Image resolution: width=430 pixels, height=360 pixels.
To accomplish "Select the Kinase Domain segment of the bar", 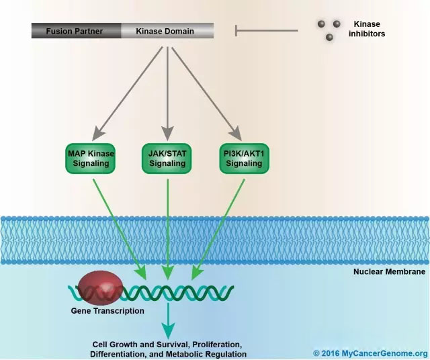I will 167,31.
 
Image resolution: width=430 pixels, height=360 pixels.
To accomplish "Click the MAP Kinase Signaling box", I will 91,158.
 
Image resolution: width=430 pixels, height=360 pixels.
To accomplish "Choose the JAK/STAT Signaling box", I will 167,158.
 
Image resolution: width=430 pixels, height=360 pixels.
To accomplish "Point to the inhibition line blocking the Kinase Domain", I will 265,30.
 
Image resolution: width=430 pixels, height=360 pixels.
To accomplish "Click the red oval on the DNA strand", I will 99,289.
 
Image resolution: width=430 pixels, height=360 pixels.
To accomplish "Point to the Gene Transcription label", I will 107,311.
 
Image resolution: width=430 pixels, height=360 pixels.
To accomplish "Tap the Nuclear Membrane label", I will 389,273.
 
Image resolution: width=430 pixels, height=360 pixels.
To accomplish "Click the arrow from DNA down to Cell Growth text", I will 167,322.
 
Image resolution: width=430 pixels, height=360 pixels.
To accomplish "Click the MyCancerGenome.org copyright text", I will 370,353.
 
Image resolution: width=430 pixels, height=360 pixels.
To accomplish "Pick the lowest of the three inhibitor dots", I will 329,38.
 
